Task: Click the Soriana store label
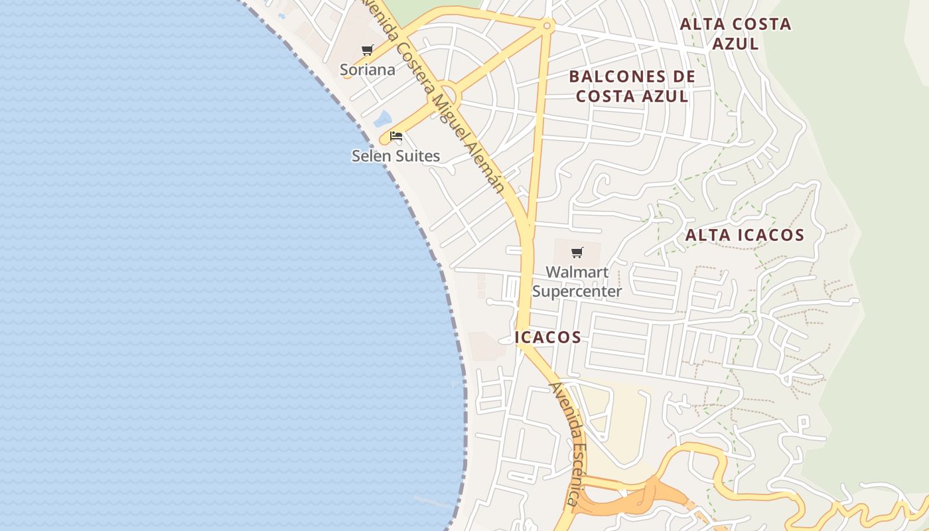(x=367, y=70)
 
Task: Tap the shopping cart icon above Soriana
(x=367, y=50)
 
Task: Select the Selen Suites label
(x=395, y=156)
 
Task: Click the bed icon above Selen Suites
(x=396, y=137)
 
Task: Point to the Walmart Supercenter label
(x=577, y=281)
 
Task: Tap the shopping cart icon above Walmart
(x=577, y=252)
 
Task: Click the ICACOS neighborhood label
(x=548, y=337)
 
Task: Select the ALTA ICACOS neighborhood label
(x=745, y=235)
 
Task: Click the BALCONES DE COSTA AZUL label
(x=632, y=86)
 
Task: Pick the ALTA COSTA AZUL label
(x=735, y=34)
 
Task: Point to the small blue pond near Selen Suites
(x=382, y=119)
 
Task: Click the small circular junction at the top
(x=547, y=25)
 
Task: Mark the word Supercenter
(x=577, y=291)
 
